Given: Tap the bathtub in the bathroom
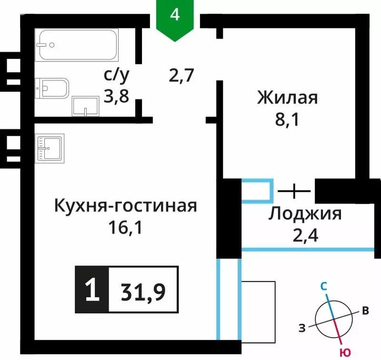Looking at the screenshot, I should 78,46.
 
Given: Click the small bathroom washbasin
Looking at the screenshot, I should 85,106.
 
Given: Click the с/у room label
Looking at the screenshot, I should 117,75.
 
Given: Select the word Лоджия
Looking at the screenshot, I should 305,214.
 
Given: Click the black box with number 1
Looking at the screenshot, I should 92,290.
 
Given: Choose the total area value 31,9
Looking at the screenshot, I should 143,290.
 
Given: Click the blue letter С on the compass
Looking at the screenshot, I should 324,286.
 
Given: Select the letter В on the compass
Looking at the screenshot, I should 365,311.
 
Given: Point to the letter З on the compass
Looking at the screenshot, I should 302,327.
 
